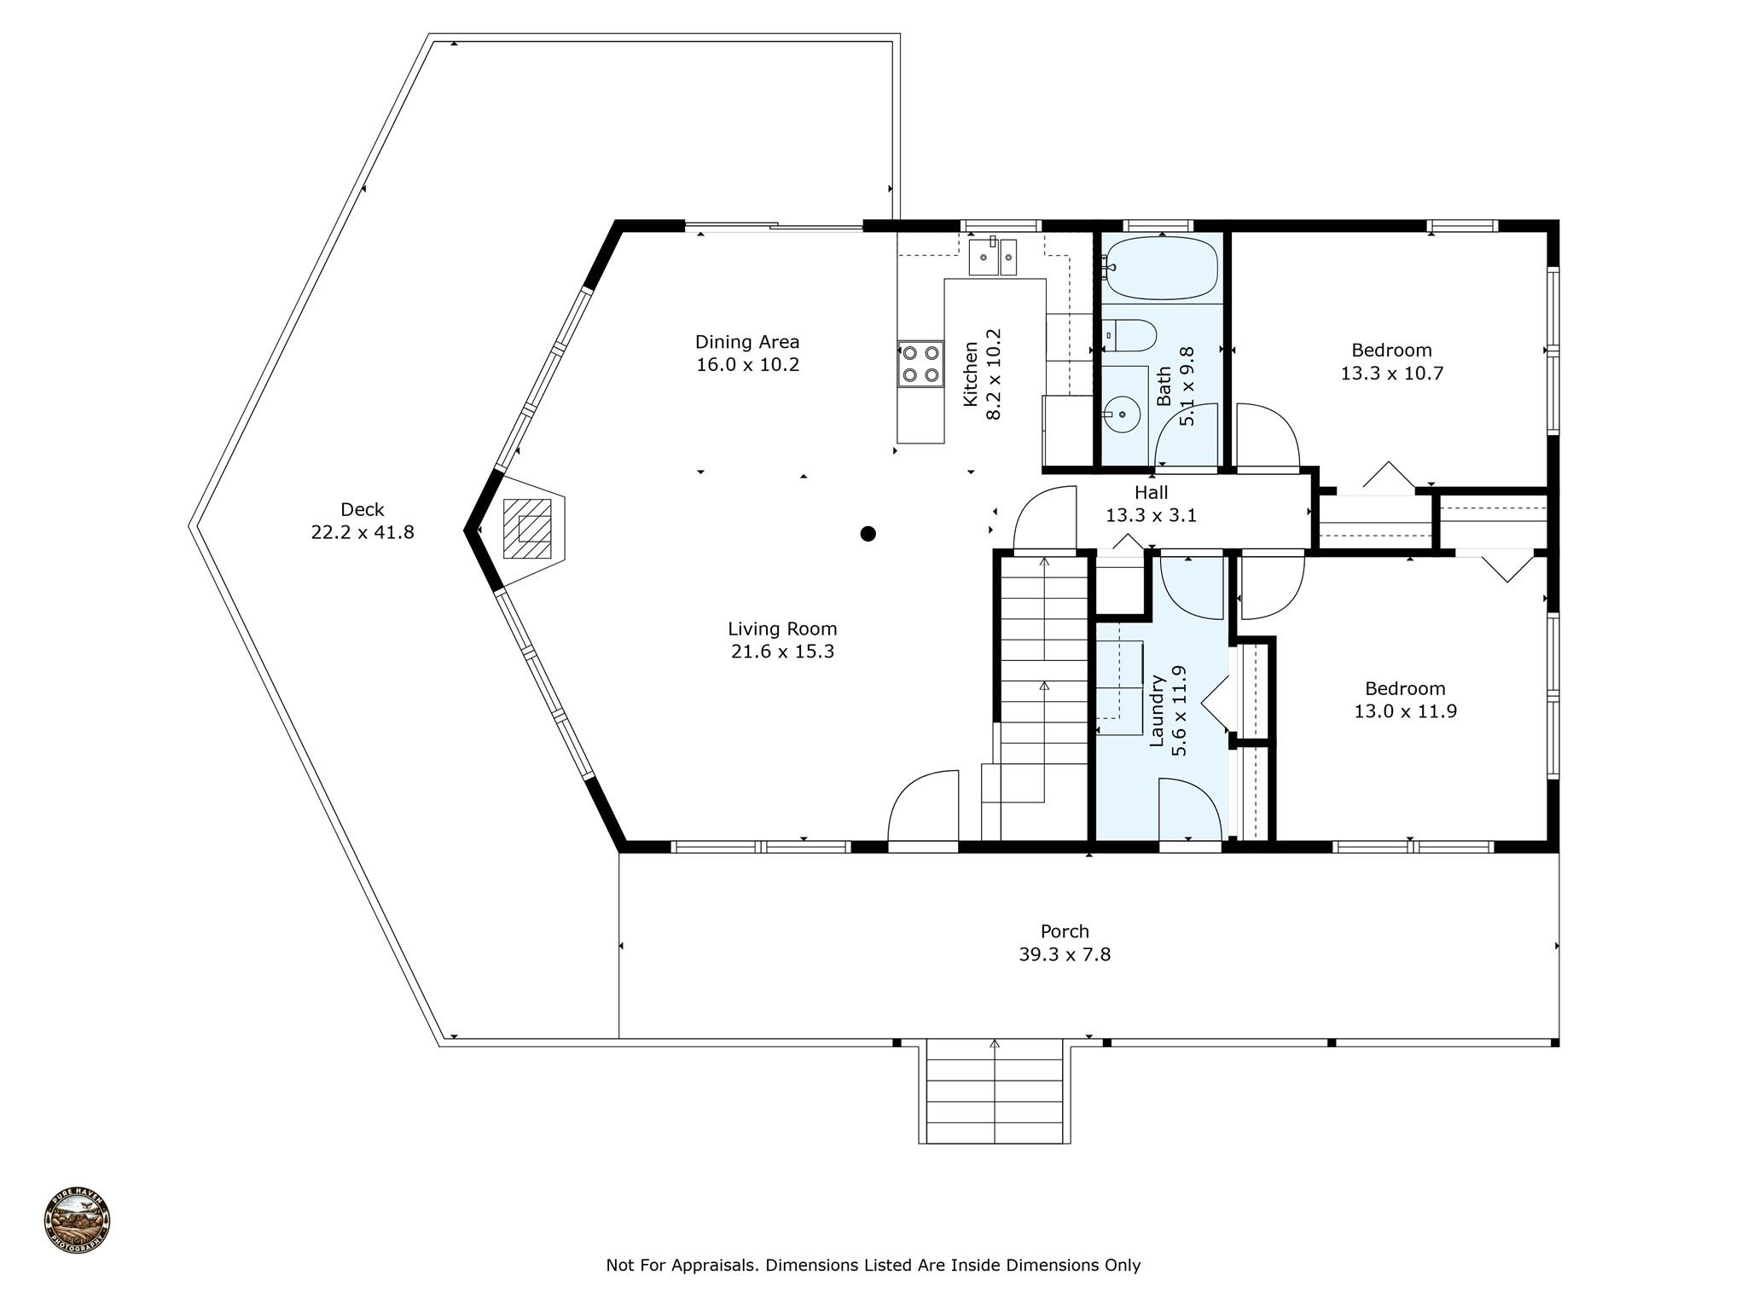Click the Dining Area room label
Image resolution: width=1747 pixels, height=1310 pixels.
(x=747, y=342)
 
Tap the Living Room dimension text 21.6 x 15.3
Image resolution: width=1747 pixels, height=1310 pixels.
(x=782, y=652)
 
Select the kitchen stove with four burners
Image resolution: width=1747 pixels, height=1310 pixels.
(x=920, y=364)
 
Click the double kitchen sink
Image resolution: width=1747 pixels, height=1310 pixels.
(x=992, y=257)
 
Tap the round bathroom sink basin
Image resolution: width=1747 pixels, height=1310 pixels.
(x=1123, y=414)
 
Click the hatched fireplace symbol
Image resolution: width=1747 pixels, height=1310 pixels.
(x=527, y=529)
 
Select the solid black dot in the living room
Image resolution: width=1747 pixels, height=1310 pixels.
(x=868, y=534)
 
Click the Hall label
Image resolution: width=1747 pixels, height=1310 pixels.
(x=1151, y=492)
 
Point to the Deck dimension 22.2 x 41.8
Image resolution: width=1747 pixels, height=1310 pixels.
(x=363, y=532)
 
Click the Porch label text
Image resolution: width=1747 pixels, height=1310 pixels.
(x=1065, y=931)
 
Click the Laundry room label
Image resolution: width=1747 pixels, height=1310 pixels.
(x=1157, y=710)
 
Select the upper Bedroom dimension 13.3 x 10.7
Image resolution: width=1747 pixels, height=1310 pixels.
(x=1392, y=374)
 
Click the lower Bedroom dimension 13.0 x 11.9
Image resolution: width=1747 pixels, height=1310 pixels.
(x=1406, y=711)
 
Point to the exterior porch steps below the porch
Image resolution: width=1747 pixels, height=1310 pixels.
(x=995, y=1092)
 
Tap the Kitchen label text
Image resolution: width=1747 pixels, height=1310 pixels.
(x=970, y=374)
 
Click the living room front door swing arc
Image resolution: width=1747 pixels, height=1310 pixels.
(x=913, y=785)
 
